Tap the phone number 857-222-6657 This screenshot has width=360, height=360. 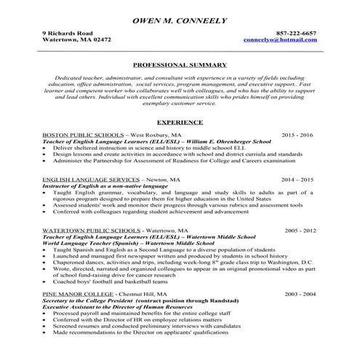296,34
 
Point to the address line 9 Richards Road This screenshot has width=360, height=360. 67,34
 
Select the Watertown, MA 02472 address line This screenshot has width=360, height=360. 77,41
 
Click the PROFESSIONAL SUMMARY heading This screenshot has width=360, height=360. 180,65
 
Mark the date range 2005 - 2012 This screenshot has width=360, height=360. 297,230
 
